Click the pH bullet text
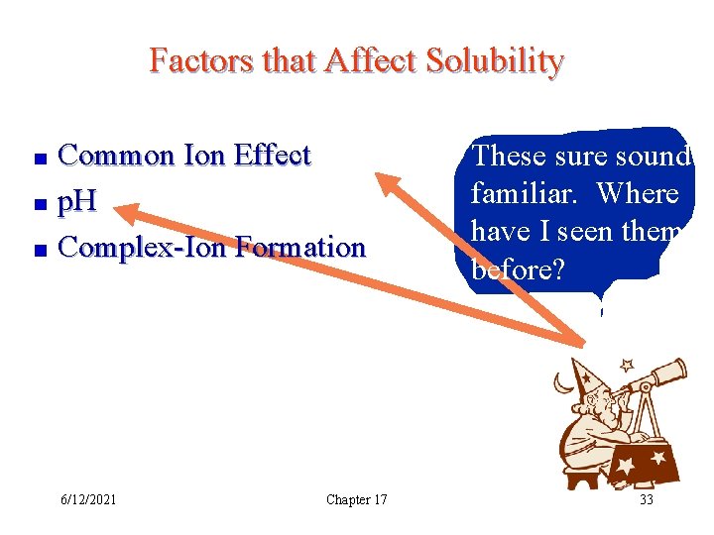(77, 201)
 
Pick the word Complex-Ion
(142, 247)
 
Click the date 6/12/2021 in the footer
(87, 499)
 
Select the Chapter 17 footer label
(356, 499)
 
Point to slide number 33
(646, 499)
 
